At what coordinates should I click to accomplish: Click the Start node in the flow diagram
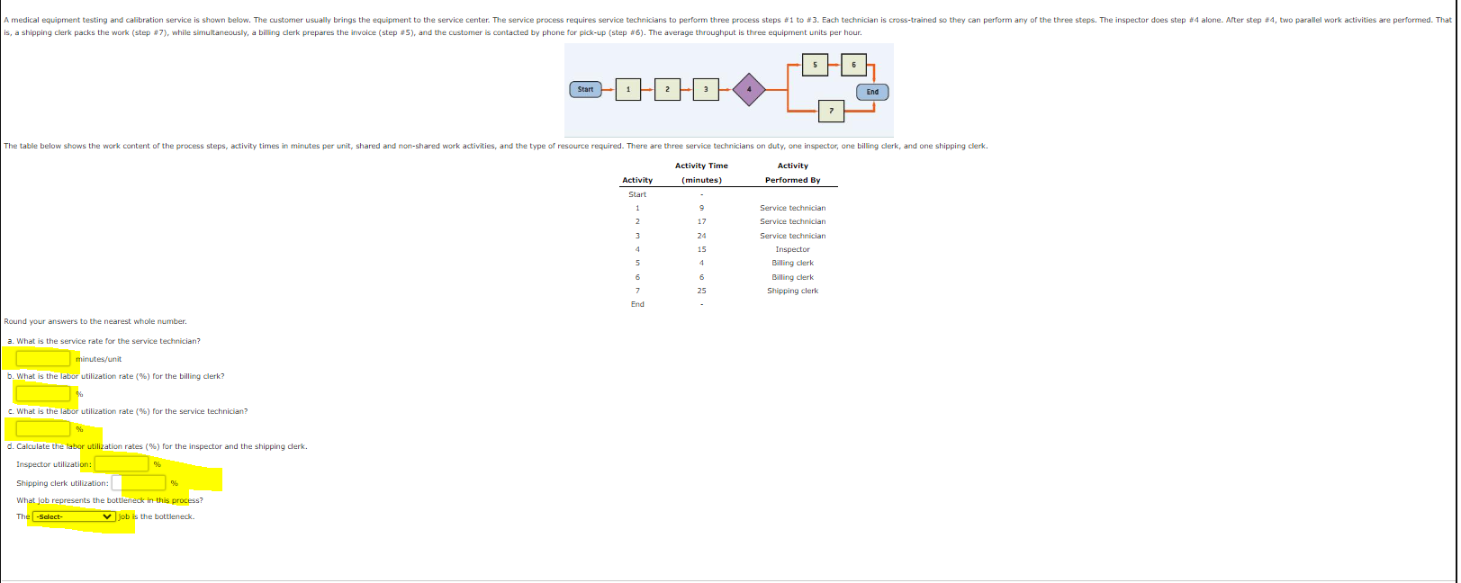(x=585, y=89)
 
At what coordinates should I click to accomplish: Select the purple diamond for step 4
(x=748, y=89)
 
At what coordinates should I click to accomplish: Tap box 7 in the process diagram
(x=831, y=111)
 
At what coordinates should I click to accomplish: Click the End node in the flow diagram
(x=872, y=92)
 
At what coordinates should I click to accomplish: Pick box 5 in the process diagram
(x=815, y=65)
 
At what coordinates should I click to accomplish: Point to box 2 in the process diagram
(x=667, y=89)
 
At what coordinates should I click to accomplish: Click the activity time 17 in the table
(x=701, y=221)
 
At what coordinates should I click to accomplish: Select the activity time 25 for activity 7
(x=701, y=291)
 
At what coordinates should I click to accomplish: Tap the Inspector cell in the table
(x=792, y=249)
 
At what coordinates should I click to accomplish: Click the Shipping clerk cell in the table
(x=792, y=291)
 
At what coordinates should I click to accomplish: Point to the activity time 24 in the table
(x=701, y=236)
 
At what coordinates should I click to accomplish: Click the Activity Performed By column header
(x=792, y=173)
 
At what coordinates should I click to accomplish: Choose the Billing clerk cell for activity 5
(x=792, y=263)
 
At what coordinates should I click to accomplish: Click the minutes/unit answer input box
(x=43, y=359)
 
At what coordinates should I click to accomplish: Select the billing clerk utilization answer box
(x=43, y=394)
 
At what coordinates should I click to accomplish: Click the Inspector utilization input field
(x=122, y=464)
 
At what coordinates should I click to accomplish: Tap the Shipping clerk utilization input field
(x=139, y=483)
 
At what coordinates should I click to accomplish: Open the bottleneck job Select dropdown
(x=74, y=516)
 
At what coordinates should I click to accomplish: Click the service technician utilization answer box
(x=43, y=429)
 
